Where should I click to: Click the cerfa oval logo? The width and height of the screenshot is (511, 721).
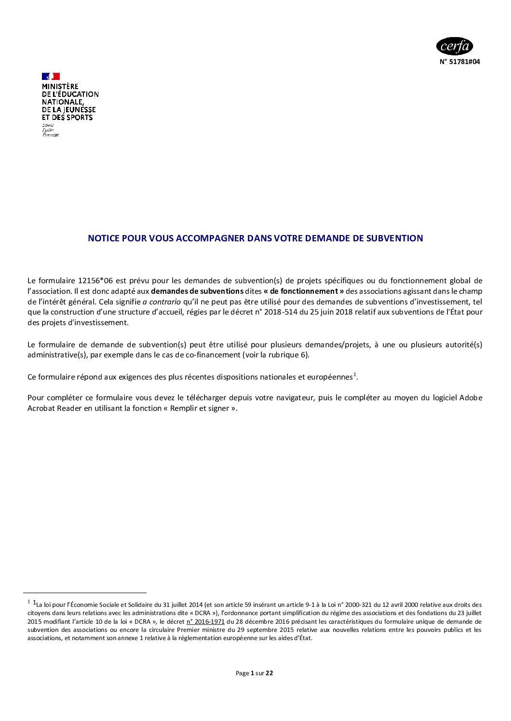click(x=454, y=46)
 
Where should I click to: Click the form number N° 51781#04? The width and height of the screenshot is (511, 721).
click(x=459, y=62)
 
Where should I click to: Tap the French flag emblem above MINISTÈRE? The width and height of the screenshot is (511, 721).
click(x=51, y=76)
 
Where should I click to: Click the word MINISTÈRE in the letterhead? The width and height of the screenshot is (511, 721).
click(x=60, y=87)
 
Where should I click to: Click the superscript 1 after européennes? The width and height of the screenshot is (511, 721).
click(x=354, y=375)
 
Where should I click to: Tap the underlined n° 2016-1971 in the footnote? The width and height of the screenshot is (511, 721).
click(x=205, y=622)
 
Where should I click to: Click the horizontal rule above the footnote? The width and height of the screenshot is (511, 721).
click(x=85, y=593)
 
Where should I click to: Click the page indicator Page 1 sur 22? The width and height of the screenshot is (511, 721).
click(x=254, y=673)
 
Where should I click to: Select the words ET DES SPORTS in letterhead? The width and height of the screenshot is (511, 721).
click(x=67, y=118)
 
